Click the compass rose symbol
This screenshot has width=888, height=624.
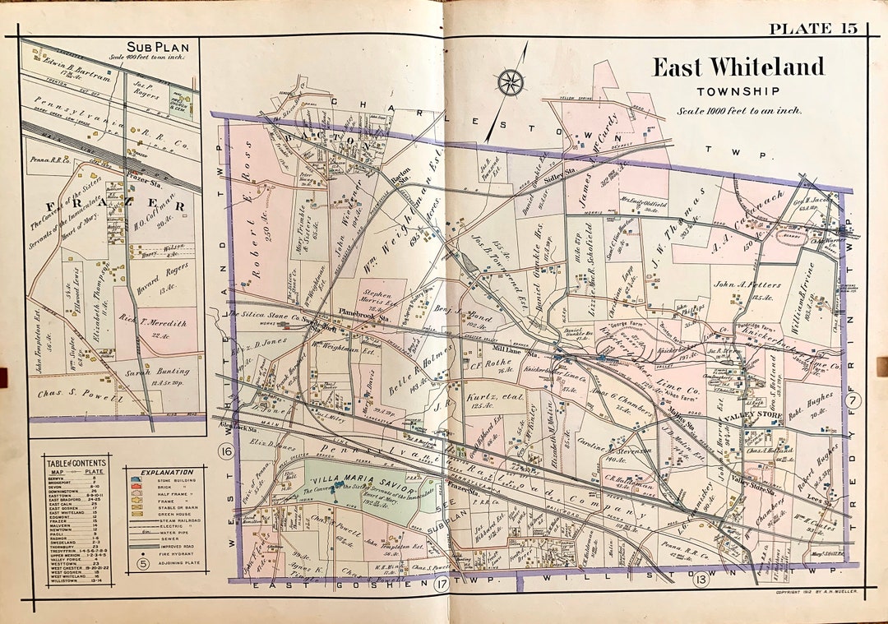510,82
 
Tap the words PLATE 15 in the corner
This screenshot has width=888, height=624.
812,30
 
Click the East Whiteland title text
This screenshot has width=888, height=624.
738,67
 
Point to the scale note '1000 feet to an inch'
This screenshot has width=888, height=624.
738,111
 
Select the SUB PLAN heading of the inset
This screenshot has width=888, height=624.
154,46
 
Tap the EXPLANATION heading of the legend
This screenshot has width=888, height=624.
167,474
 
